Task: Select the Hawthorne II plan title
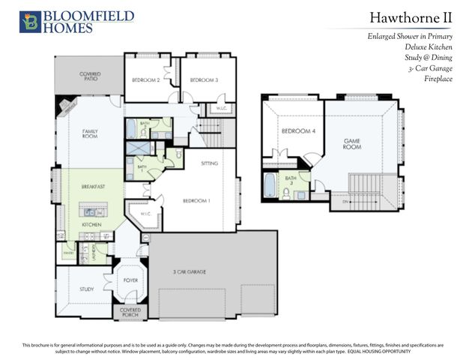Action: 411,17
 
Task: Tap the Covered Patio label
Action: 90,76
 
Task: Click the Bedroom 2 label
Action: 147,79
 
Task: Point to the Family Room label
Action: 90,133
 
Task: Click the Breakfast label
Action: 93,185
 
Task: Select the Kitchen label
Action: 91,224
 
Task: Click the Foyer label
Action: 130,280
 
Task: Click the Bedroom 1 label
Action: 198,200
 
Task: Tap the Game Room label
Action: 352,142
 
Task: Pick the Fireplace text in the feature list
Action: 438,78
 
